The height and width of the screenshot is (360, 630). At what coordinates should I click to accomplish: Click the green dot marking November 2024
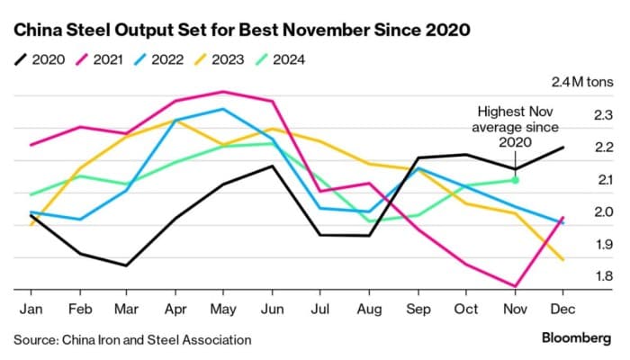(x=515, y=180)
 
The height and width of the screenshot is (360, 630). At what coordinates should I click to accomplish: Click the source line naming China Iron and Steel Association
(x=132, y=340)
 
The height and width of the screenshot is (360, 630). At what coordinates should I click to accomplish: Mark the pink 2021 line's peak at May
(x=223, y=92)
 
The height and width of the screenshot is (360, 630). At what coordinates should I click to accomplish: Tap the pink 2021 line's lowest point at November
(x=515, y=286)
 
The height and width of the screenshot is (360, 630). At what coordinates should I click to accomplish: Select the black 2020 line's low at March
(x=127, y=265)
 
